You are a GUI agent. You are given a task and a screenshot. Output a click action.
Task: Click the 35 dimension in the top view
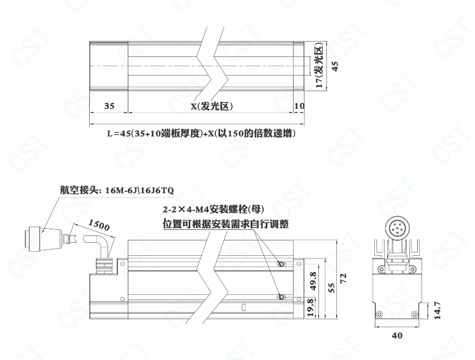click(x=109, y=106)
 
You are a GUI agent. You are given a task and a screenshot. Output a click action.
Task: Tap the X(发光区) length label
click(x=212, y=106)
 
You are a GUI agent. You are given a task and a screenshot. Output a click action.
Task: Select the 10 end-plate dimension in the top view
click(x=299, y=106)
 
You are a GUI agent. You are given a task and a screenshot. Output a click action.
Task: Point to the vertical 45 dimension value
click(x=335, y=66)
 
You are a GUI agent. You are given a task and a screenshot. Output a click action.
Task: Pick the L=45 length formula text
click(x=201, y=133)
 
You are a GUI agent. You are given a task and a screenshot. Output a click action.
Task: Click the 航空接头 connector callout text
click(x=117, y=190)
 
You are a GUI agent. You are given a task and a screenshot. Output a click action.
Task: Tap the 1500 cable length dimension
click(x=99, y=225)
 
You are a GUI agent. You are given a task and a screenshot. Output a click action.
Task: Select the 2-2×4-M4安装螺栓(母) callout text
click(x=214, y=209)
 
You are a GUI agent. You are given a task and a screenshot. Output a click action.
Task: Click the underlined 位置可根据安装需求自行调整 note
click(x=226, y=225)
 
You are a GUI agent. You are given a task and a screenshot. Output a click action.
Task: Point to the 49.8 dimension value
click(x=313, y=281)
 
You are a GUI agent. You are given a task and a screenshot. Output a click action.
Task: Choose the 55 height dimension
click(x=332, y=288)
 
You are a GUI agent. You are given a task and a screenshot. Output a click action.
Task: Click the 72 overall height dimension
click(x=343, y=278)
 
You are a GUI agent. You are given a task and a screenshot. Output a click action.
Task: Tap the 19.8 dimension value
click(x=311, y=307)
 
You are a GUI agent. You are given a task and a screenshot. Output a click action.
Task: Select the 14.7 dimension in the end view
click(x=437, y=311)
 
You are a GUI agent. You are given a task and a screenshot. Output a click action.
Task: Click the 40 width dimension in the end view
click(x=397, y=336)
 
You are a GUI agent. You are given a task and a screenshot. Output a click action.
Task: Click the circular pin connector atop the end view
click(x=397, y=228)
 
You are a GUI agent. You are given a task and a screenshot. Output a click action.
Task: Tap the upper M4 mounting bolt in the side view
click(x=282, y=264)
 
